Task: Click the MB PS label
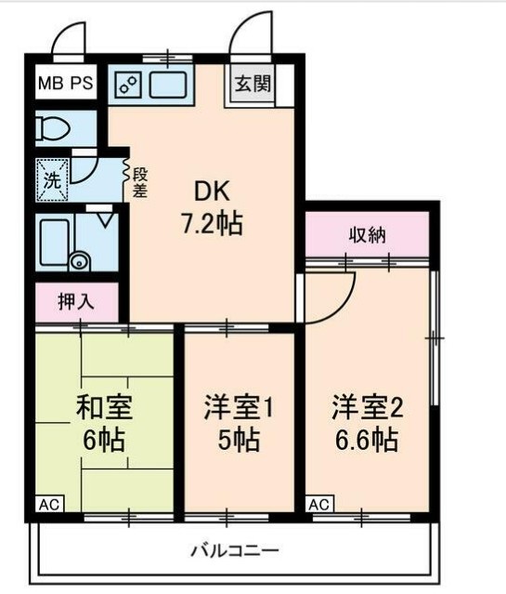(65, 85)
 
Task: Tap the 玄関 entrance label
(253, 85)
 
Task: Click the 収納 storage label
(368, 233)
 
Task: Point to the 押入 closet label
(76, 302)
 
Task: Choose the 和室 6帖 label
(104, 422)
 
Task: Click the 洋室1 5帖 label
(240, 422)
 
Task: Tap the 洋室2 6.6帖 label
(369, 422)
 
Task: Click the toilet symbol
(54, 128)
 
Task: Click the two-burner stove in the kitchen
(128, 86)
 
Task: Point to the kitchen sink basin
(169, 86)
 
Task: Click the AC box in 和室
(49, 505)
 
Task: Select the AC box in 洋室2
(318, 505)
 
